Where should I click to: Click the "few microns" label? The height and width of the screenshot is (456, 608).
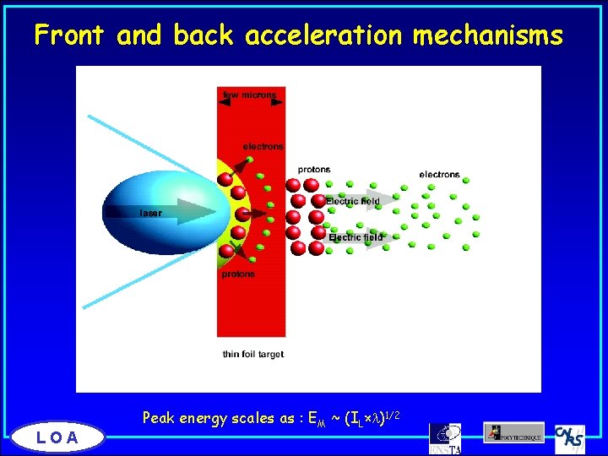tap(249, 95)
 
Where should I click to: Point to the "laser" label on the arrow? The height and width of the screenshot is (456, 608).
tap(151, 213)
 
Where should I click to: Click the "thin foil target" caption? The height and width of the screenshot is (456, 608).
tap(253, 354)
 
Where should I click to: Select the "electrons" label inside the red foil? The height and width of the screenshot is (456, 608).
tap(263, 147)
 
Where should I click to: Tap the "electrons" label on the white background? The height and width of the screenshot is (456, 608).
tap(439, 175)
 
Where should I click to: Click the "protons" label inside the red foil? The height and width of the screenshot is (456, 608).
tap(239, 274)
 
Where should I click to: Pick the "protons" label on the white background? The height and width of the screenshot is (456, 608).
tap(314, 170)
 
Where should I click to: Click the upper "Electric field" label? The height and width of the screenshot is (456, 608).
tap(353, 201)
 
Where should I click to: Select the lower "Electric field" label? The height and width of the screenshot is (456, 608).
tap(356, 238)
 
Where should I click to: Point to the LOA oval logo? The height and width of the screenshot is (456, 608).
tap(57, 437)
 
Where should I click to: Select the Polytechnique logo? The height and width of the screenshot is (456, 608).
tap(513, 432)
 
